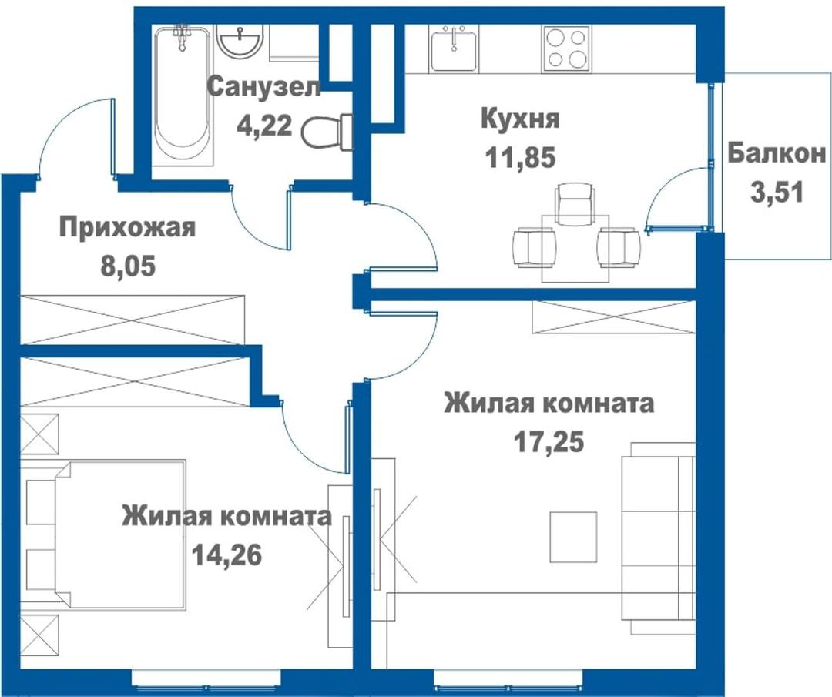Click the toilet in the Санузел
328,131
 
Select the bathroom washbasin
241,42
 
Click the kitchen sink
454,50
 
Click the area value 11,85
520,158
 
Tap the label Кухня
520,118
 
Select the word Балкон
777,153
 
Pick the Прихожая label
127,227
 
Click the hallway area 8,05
129,266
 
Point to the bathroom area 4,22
264,126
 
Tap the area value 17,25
549,441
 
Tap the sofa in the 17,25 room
658,538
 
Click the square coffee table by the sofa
573,537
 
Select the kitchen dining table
575,248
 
